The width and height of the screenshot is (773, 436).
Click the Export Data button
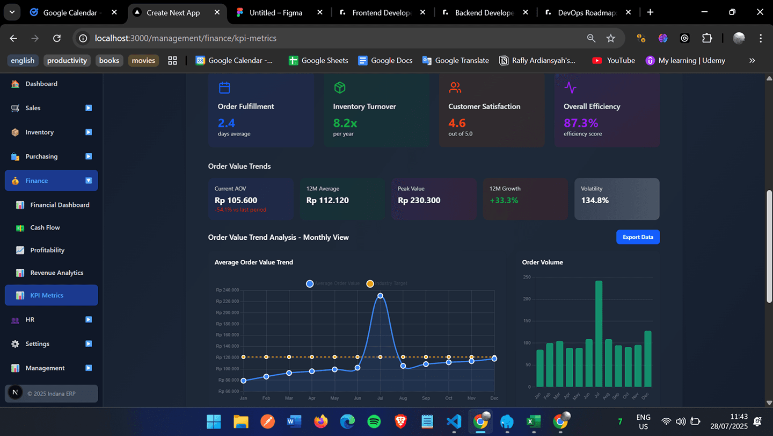click(638, 237)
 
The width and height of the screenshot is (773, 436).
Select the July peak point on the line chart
click(380, 296)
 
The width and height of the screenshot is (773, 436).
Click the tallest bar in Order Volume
click(599, 333)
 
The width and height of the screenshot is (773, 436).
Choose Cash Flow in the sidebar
click(45, 227)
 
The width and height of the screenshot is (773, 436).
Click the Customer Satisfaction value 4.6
click(457, 123)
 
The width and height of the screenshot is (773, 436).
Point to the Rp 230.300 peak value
click(419, 201)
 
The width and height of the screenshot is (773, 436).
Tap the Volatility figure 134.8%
click(595, 201)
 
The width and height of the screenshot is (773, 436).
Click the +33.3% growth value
click(504, 201)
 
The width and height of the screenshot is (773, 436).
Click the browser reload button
click(57, 38)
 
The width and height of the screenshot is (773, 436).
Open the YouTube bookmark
click(614, 60)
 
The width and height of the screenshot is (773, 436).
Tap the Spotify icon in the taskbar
click(374, 421)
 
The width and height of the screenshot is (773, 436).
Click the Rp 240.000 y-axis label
click(227, 290)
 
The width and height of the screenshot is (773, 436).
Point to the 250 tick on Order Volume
click(527, 277)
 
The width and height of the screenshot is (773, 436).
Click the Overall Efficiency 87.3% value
click(581, 123)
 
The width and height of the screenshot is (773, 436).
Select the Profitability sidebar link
click(47, 250)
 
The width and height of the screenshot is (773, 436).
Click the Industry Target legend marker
click(370, 283)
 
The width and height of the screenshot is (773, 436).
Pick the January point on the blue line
click(243, 381)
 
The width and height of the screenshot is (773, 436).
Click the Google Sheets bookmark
click(318, 60)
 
